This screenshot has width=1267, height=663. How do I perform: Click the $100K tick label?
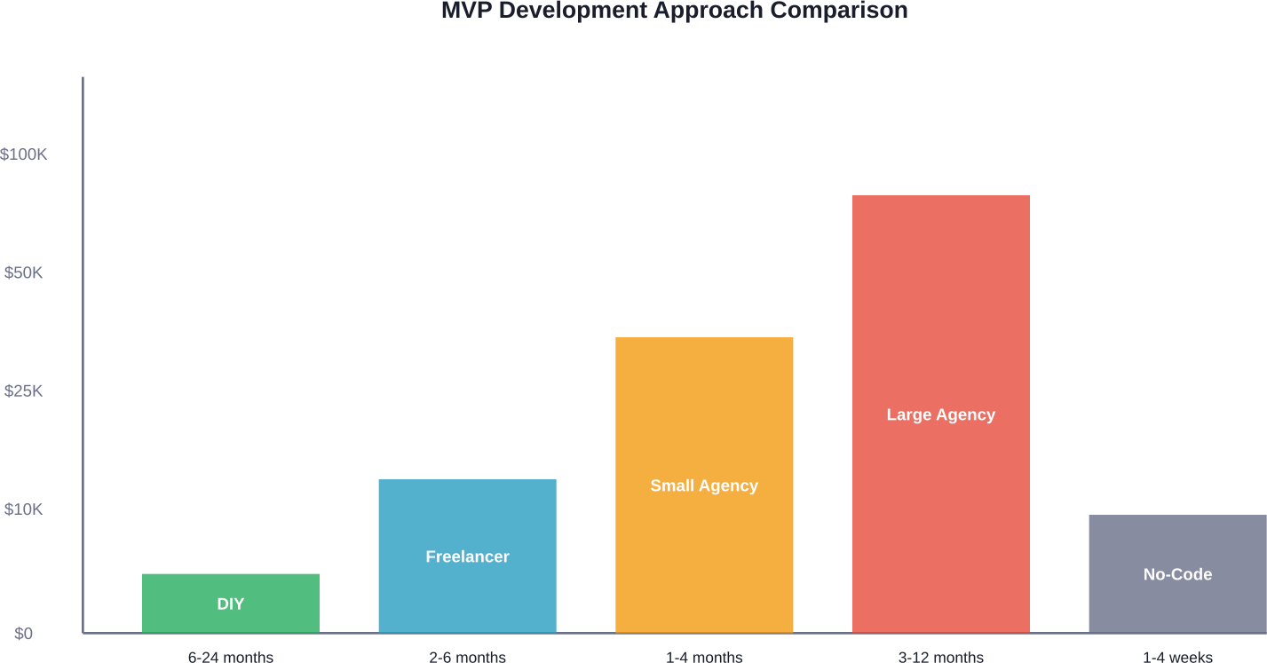coord(24,154)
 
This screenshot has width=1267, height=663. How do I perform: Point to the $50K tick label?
coord(24,272)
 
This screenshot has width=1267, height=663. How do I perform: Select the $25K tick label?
coord(24,391)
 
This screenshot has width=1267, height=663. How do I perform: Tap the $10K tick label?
coord(24,509)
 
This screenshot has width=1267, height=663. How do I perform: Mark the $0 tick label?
coord(24,634)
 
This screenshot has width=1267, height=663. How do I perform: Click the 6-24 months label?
coord(231,657)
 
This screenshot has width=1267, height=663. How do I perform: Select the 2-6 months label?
coord(467,657)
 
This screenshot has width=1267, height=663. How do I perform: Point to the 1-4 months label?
coord(704,657)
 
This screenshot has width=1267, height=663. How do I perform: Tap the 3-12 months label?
coord(941,657)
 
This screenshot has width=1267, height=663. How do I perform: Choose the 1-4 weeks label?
coord(1177,657)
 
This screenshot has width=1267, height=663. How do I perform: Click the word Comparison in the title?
coord(839,11)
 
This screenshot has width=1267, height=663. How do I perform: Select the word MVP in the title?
coord(466,11)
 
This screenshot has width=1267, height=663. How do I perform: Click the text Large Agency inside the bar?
coord(941,414)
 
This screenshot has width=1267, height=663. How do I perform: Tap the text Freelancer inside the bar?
coord(467,556)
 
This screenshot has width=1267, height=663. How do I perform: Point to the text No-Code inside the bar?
coord(1177,574)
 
